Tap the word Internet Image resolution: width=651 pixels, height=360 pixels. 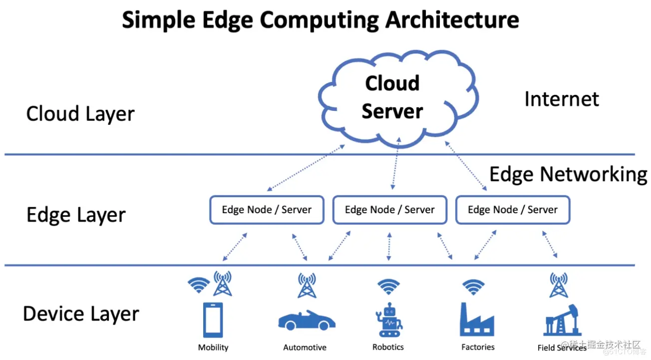561,99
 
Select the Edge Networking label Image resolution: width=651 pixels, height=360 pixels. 568,174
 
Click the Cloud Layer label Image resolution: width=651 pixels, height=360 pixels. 80,114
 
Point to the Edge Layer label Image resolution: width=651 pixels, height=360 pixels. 76,215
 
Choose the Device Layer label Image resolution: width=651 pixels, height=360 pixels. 81,314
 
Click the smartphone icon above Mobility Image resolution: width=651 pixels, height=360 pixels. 213,320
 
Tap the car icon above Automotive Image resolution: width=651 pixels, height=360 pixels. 307,320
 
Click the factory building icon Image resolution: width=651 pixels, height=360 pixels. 477,320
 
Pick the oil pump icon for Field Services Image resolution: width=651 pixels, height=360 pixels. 562,320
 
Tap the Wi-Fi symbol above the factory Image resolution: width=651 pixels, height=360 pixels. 473,286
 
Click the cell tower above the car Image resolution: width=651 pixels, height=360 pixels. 307,285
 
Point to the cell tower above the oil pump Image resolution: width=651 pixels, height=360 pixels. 558,285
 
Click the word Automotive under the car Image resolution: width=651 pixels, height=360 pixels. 305,348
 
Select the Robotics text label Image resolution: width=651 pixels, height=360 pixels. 388,347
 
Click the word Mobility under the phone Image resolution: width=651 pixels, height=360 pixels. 213,348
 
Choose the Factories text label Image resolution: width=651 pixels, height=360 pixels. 478,347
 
